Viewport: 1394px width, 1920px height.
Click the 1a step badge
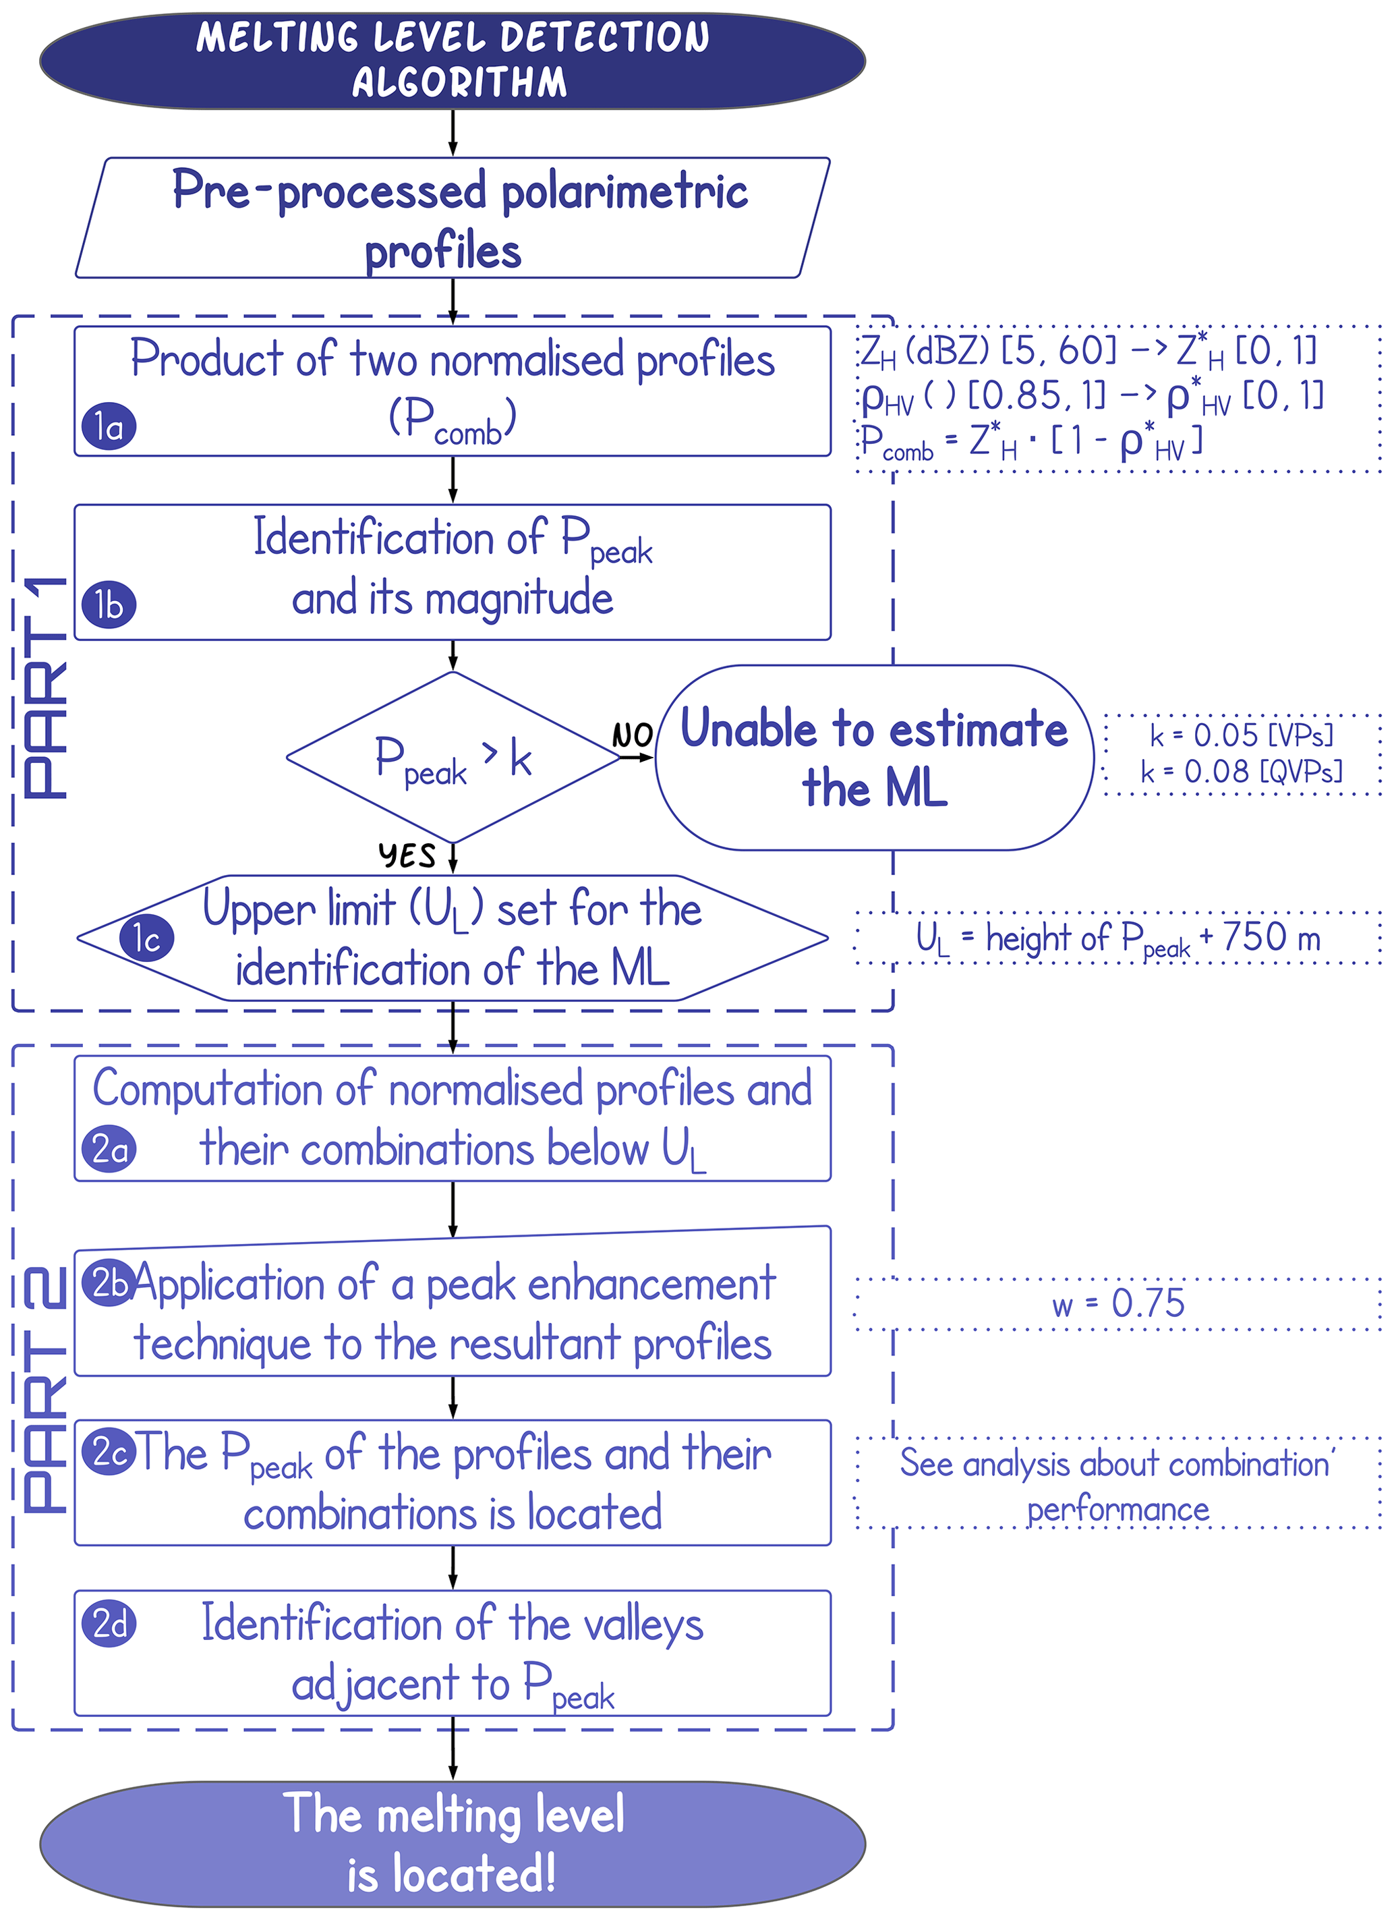coord(109,426)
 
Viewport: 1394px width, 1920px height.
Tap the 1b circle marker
coord(109,604)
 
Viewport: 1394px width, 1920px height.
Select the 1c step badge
coord(146,938)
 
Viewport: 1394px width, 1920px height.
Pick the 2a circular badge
coord(109,1149)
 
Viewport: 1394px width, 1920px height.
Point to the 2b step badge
coord(107,1283)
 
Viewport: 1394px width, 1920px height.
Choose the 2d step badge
coord(109,1623)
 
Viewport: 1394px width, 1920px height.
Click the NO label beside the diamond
coord(632,735)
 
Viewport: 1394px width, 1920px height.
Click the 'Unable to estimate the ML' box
coord(874,758)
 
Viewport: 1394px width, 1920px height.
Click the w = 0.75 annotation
coord(1117,1303)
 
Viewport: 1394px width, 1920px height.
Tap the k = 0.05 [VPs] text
coord(1241,735)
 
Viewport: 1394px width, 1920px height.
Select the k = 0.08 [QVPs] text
coord(1241,771)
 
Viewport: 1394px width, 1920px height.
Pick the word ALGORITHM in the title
coord(459,82)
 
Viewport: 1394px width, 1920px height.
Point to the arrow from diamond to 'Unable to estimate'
coord(637,757)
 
